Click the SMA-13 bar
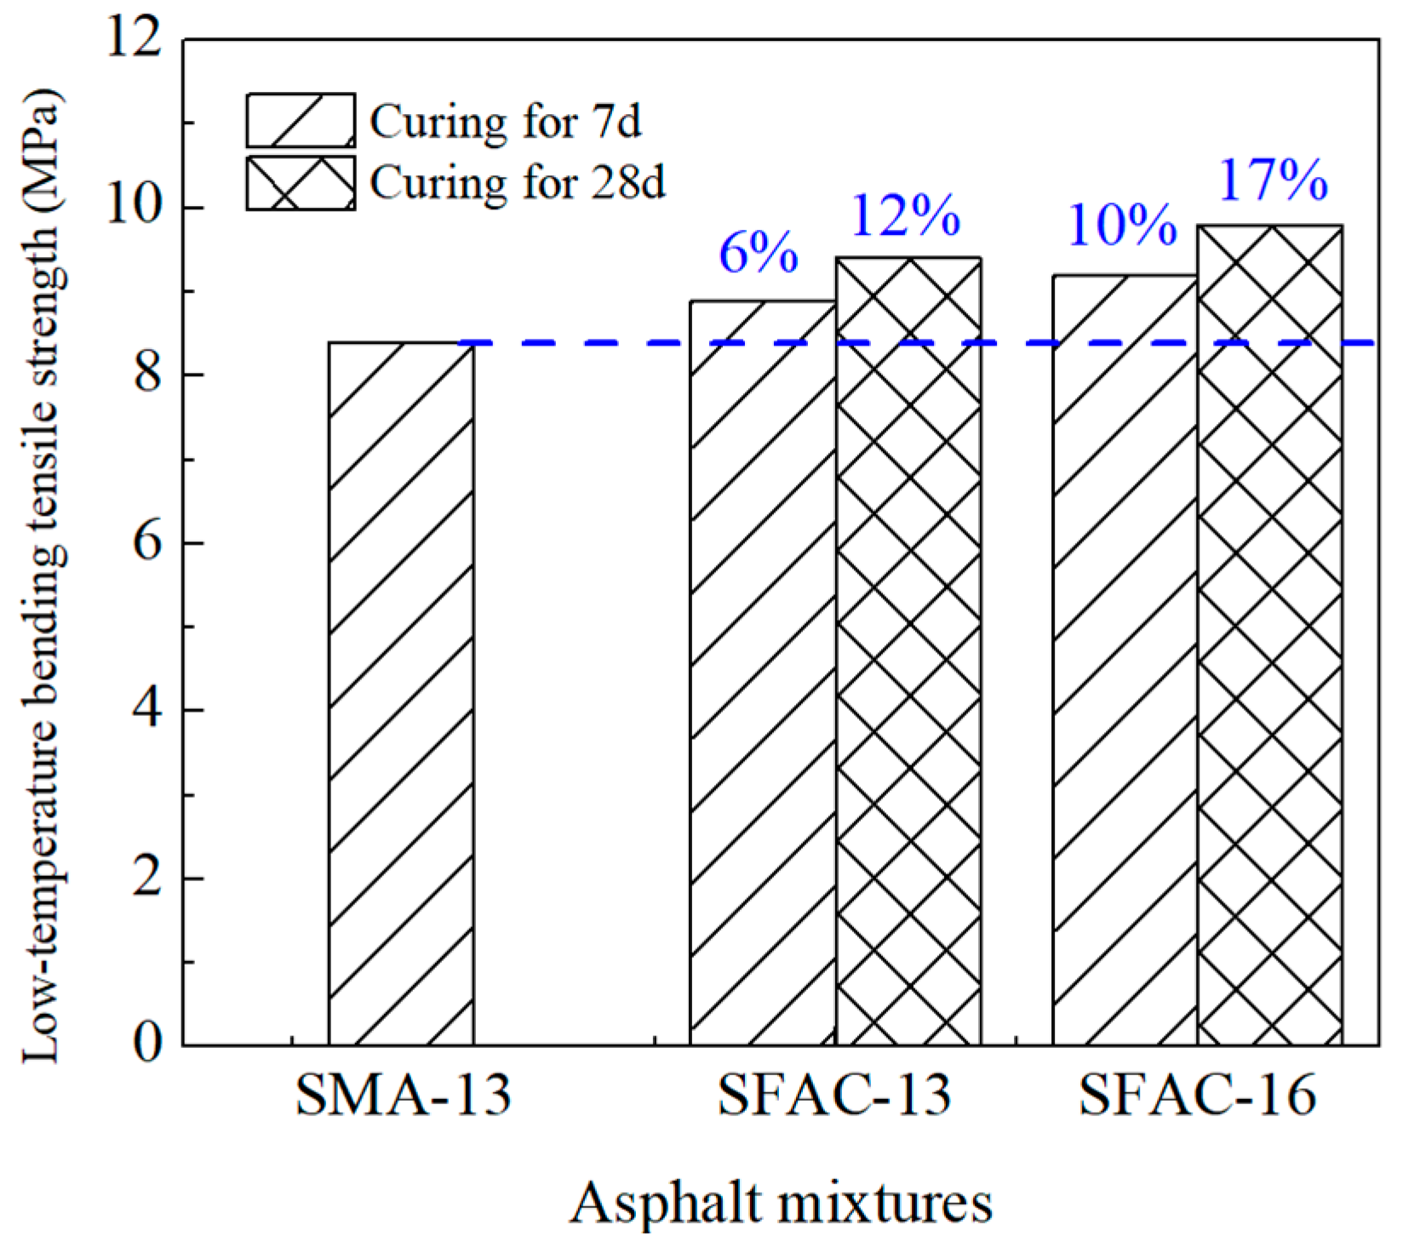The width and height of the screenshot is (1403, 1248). [401, 694]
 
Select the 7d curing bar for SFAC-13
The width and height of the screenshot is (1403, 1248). [763, 673]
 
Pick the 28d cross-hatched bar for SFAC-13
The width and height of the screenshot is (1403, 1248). [908, 651]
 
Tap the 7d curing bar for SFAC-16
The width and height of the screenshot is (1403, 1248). [1125, 660]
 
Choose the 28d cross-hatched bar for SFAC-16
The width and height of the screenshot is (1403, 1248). [1270, 635]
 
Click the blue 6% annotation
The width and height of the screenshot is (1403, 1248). [759, 253]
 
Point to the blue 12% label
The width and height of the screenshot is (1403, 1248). [905, 215]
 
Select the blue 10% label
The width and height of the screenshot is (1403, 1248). [1122, 226]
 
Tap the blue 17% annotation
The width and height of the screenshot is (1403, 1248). [1273, 180]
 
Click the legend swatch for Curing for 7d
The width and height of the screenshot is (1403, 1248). [301, 121]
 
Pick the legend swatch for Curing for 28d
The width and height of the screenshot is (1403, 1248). [301, 183]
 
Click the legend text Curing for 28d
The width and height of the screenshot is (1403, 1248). [517, 183]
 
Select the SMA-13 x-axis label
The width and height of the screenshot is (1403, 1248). [403, 1096]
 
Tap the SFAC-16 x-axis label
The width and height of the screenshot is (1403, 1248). [1197, 1096]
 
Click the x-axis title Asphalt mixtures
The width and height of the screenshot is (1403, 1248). [781, 1205]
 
